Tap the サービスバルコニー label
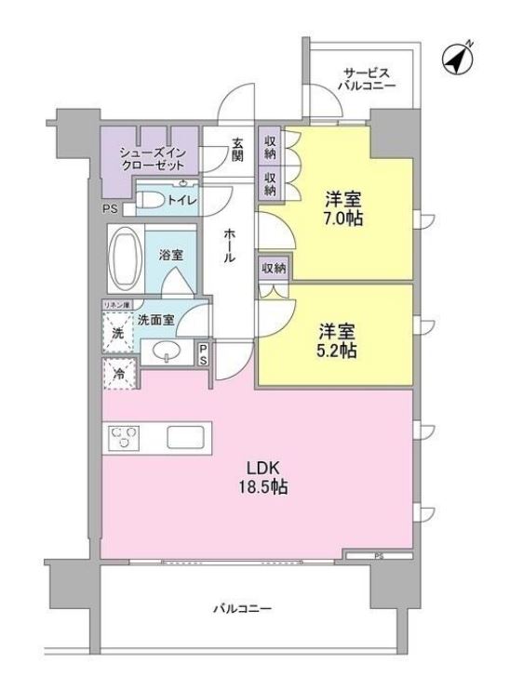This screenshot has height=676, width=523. coord(369,78)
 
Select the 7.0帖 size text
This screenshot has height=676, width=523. coord(343,219)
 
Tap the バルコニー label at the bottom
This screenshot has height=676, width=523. coord(241,610)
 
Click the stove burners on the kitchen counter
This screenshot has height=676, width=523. coord(125,437)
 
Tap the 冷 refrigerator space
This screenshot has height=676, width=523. coord(119,374)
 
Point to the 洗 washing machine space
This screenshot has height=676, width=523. coord(118,332)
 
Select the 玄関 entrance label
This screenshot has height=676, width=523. coord(237,150)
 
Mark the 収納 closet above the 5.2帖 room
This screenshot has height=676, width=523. coord(273,268)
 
